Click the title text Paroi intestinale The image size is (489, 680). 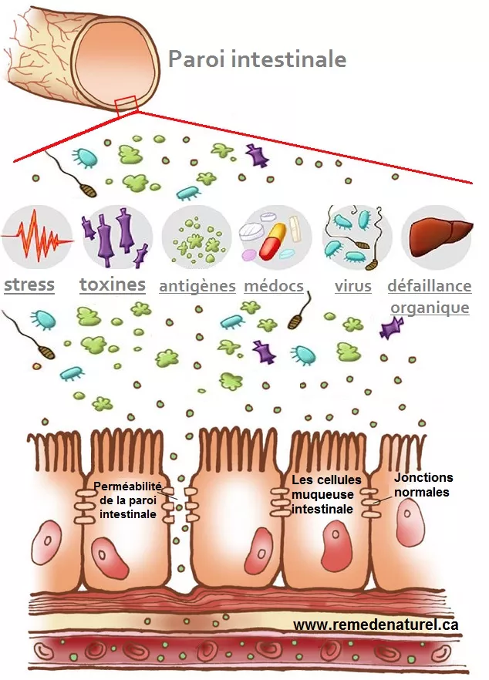point(257,59)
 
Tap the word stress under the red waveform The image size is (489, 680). point(29,285)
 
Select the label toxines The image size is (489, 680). point(113,285)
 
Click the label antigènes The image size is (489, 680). point(197,287)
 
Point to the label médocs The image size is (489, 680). point(273,287)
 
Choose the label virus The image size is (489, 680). point(353,287)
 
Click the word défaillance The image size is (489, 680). point(429,287)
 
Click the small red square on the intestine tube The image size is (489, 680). point(125,104)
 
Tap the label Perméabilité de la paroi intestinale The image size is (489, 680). point(127,500)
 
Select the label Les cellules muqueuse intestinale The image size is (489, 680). point(324,494)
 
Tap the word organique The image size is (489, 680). point(429,308)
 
